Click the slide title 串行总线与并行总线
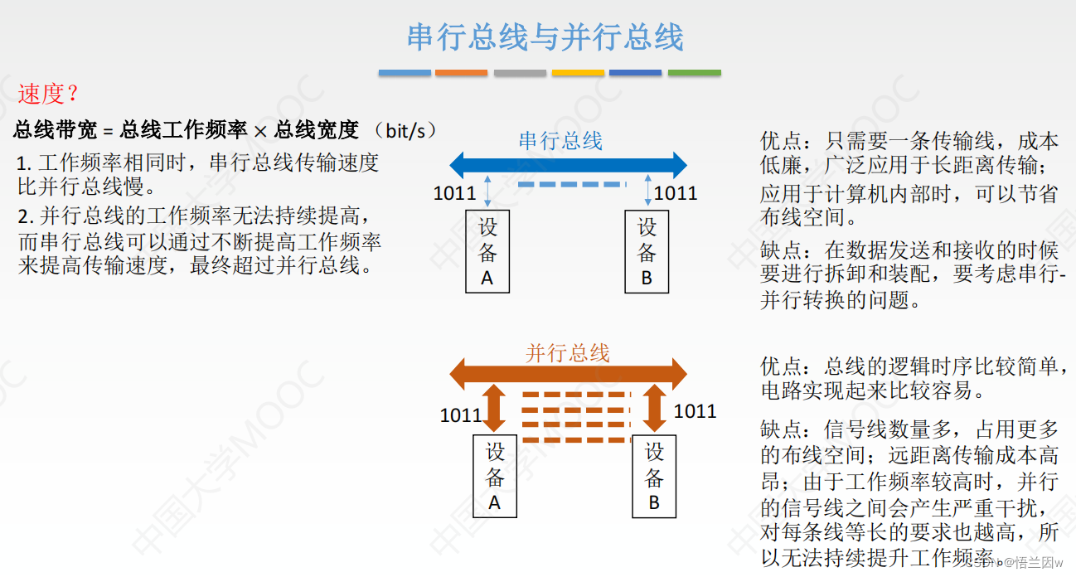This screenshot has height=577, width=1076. [545, 37]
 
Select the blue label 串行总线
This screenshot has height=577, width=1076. [560, 141]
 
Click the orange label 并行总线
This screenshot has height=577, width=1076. [568, 353]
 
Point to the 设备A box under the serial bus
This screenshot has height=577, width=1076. [487, 252]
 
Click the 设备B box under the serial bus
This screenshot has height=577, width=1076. [647, 252]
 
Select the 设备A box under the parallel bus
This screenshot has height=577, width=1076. [495, 477]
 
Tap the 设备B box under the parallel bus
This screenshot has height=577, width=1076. [654, 477]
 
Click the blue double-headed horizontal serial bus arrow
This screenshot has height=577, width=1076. [568, 164]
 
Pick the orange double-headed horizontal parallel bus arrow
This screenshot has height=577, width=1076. [568, 376]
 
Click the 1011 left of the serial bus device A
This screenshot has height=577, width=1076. [454, 194]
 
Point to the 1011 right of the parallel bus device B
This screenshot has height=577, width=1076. [695, 411]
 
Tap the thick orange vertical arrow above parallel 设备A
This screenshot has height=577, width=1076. [495, 408]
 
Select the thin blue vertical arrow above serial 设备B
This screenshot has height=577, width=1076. [647, 191]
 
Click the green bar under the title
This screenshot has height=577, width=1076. [694, 73]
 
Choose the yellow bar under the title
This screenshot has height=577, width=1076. [578, 73]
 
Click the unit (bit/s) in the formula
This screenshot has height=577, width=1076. [405, 129]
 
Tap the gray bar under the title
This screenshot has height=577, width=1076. [520, 73]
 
